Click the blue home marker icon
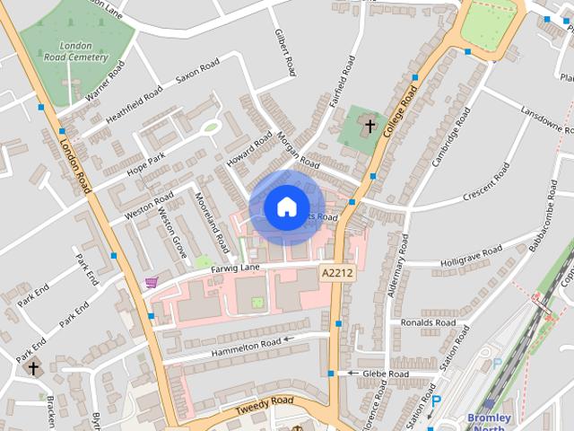tap(286, 207)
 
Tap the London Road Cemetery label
tap(74, 51)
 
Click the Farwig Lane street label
tap(235, 268)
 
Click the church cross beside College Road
tap(368, 126)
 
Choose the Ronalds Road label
tap(429, 322)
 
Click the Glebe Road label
tap(386, 373)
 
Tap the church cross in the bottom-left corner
tap(33, 367)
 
